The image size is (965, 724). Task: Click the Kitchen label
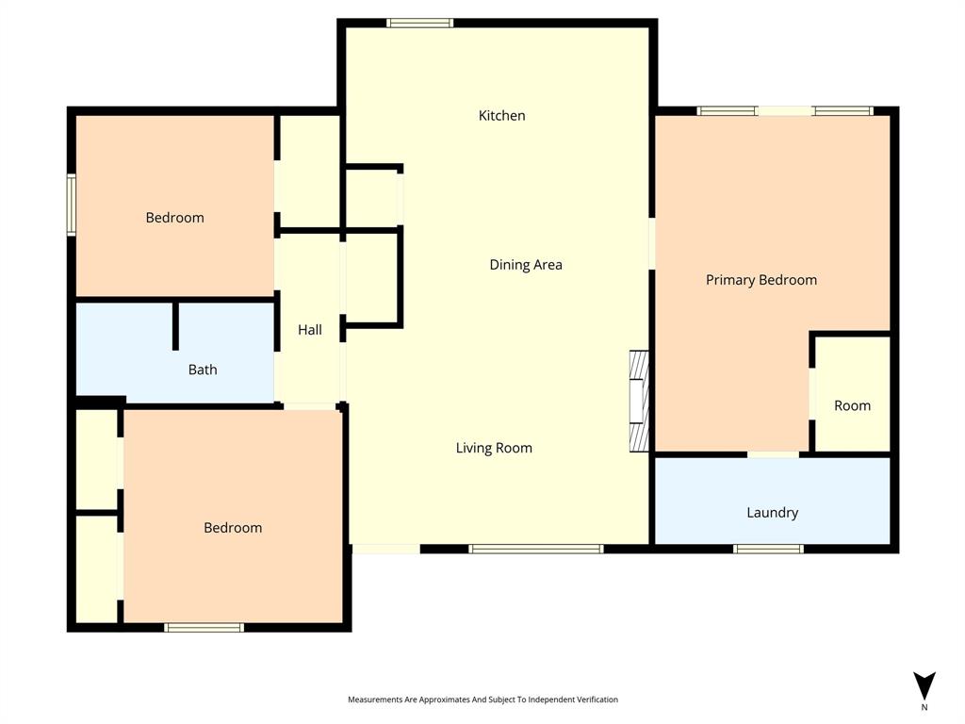click(501, 116)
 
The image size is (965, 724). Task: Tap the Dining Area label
click(525, 265)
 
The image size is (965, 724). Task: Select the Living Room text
click(494, 449)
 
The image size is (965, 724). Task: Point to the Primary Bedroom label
click(761, 280)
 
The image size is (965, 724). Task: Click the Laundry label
click(772, 513)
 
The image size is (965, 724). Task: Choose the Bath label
click(203, 370)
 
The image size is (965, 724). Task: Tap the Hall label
click(309, 330)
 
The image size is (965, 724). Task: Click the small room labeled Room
click(852, 405)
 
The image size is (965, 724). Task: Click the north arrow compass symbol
click(924, 685)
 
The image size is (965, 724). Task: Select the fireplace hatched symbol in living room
click(640, 401)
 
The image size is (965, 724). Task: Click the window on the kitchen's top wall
click(419, 23)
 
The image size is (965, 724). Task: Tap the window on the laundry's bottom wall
click(768, 549)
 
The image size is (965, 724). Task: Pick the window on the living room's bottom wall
click(535, 549)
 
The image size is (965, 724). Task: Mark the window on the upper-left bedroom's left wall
click(71, 204)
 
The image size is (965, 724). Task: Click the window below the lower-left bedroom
click(204, 627)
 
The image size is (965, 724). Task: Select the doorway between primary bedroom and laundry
click(773, 454)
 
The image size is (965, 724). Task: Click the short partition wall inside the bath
click(175, 326)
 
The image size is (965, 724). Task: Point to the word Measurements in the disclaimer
click(375, 699)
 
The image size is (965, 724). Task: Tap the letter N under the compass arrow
click(924, 707)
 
